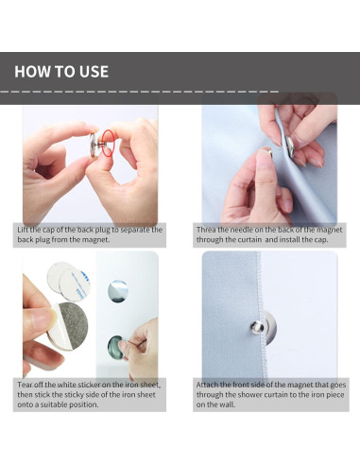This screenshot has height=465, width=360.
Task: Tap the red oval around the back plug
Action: [109, 143]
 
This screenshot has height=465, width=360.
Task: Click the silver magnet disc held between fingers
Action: [94, 145]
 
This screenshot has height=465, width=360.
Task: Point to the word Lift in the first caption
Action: [23, 230]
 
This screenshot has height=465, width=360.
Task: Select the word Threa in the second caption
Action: [206, 230]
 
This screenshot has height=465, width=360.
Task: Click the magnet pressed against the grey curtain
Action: [290, 146]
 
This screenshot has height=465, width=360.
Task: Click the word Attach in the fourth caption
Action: [207, 385]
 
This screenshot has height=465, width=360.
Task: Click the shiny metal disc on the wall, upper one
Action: [118, 291]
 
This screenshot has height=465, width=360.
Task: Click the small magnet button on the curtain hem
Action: [258, 326]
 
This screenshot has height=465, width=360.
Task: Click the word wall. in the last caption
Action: [227, 405]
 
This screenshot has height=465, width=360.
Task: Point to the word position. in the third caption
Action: [84, 405]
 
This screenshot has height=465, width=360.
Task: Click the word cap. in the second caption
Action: [321, 239]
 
